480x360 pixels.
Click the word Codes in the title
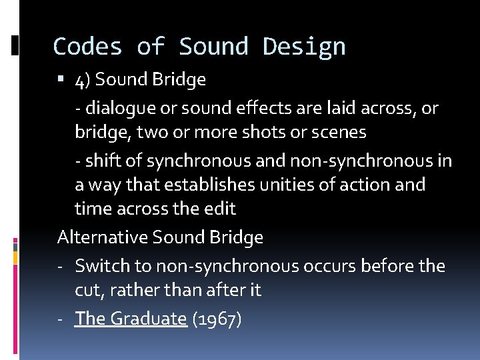coord(88,47)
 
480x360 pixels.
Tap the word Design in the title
coord(304,47)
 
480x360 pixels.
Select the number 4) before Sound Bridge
coord(82,80)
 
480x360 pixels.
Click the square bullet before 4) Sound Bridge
coord(61,80)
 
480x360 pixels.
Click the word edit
coord(219,209)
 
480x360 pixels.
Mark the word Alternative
coord(103,237)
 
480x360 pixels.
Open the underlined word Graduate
coord(148,319)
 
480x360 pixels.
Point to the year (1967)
coord(217,319)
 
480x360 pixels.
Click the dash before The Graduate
coord(61,319)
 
